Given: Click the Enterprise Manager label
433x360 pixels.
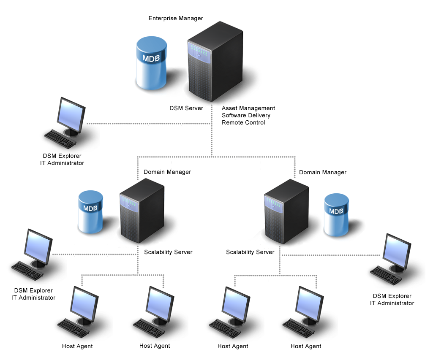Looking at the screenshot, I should pos(176,18).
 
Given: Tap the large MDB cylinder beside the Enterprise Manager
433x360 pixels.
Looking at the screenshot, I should pos(151,63).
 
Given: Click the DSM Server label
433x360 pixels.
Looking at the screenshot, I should pos(186,108).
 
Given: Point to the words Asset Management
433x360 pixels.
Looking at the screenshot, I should pos(248,108).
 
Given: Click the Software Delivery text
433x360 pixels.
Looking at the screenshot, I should pos(246,115).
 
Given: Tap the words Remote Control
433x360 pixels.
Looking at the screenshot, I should pos(243,122).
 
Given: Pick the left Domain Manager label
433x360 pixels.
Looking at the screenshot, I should pos(167,172).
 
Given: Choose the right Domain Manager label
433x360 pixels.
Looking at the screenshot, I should pos(323,172).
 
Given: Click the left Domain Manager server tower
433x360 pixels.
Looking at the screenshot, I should pos(142,211).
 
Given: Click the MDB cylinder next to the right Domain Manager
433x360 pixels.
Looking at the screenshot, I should pos(336,214).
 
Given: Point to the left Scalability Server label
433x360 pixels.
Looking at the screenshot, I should pos(168,252).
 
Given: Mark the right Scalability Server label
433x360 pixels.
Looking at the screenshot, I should pos(250,252).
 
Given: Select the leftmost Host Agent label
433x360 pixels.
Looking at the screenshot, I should pos(77,346).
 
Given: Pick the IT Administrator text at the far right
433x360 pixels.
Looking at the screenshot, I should pos(392,303).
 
